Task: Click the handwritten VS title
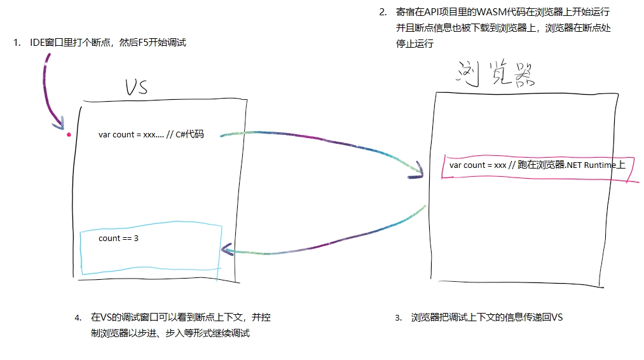click(136, 87)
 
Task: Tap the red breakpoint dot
click(69, 135)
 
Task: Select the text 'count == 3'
click(118, 239)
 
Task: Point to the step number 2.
click(383, 12)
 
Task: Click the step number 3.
click(398, 317)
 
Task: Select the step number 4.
click(78, 317)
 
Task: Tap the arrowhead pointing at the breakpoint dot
click(62, 123)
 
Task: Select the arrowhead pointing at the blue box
click(226, 250)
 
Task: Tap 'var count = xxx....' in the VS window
click(131, 135)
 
